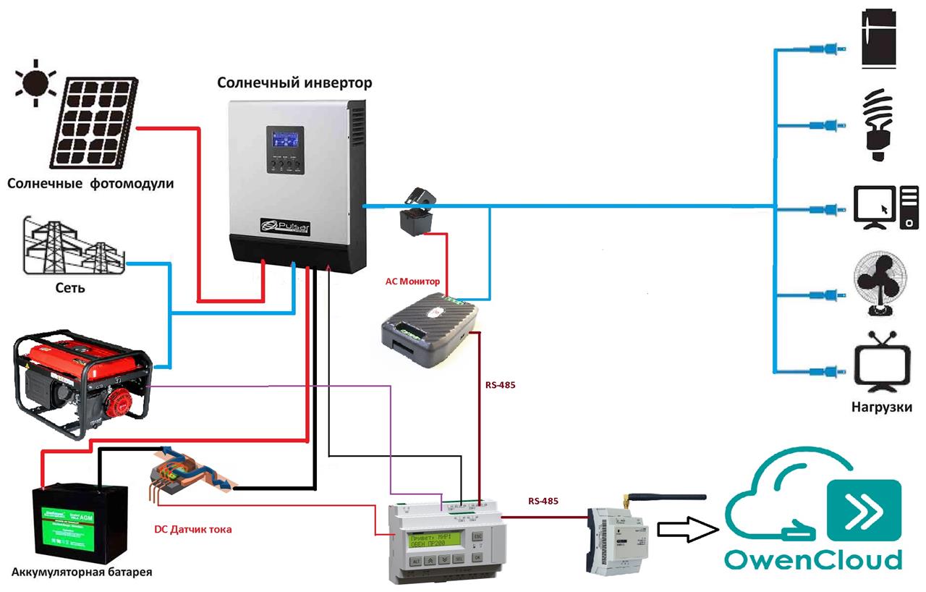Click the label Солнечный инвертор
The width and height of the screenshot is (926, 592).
[x=295, y=83]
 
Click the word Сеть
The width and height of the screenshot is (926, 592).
[x=70, y=289]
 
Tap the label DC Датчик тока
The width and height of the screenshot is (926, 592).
[x=193, y=530]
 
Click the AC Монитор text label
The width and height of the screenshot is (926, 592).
[x=412, y=281]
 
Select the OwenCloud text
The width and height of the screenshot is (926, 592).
[x=814, y=559]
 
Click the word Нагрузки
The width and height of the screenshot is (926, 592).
[x=881, y=407]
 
